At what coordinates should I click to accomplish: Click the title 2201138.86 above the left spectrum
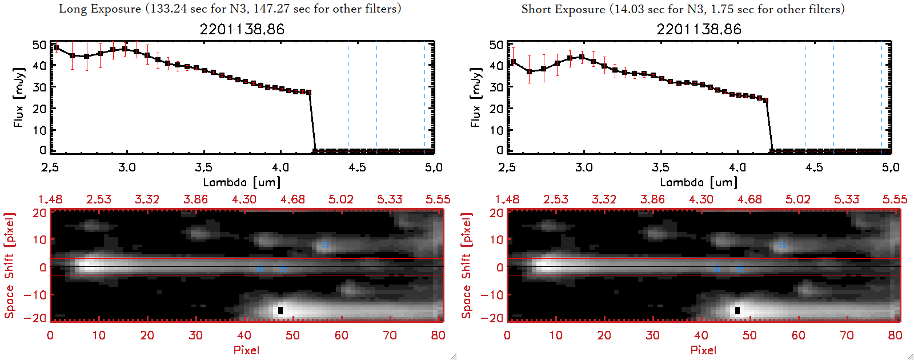tap(242, 30)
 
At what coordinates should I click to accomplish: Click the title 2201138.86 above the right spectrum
tap(699, 30)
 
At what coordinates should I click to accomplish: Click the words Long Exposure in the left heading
tap(100, 9)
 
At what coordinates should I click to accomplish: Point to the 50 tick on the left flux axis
tap(39, 45)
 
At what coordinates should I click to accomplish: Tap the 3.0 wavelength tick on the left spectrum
tap(127, 167)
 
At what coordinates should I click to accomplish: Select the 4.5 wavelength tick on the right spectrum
tap(814, 167)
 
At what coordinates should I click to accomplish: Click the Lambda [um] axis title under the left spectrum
tap(242, 182)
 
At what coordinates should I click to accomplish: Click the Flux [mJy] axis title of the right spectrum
tap(475, 97)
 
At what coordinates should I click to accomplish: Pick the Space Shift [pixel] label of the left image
tap(10, 266)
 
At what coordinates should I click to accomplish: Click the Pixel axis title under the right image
tap(703, 350)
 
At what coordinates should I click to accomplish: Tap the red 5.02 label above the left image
tap(341, 199)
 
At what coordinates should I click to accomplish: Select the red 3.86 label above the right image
tap(652, 199)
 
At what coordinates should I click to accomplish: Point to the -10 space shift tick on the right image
tap(492, 294)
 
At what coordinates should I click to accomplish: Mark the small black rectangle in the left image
tap(280, 310)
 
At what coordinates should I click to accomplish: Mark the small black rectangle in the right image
tap(737, 310)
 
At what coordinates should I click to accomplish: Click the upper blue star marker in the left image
tap(325, 245)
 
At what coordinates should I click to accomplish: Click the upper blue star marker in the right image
tap(782, 245)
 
